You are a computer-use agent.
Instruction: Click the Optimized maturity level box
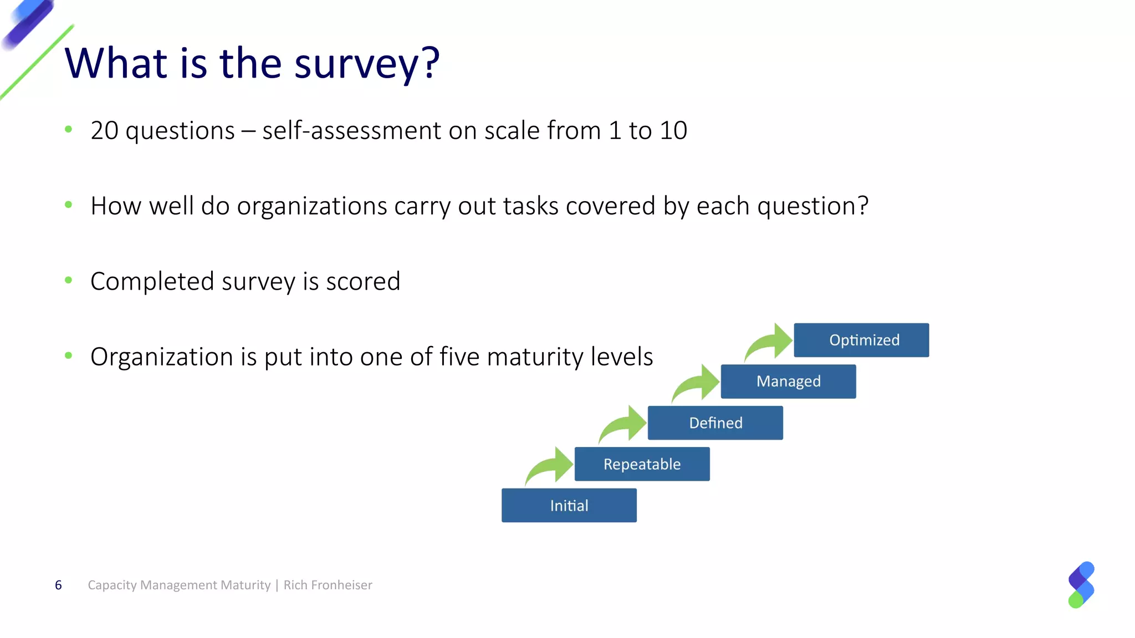point(861,340)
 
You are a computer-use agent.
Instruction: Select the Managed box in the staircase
point(788,382)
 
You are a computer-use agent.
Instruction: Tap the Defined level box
point(715,423)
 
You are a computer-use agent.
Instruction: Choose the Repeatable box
point(642,464)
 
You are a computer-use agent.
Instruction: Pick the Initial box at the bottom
point(569,506)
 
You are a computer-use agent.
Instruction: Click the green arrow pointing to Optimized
point(770,342)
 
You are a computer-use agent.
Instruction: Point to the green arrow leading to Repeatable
point(551,466)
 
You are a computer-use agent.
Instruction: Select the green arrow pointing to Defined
point(624,424)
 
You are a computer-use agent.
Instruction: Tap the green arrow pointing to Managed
point(697,383)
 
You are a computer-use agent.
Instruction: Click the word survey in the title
point(355,64)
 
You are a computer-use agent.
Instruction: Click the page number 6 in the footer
point(58,585)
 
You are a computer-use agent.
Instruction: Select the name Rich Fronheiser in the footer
point(328,585)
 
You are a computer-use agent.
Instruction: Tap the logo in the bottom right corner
point(1081,585)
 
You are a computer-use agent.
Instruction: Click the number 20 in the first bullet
point(104,131)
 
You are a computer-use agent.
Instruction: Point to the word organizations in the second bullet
point(312,207)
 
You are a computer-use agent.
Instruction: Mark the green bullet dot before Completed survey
point(68,280)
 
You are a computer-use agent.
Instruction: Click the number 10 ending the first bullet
point(673,131)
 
